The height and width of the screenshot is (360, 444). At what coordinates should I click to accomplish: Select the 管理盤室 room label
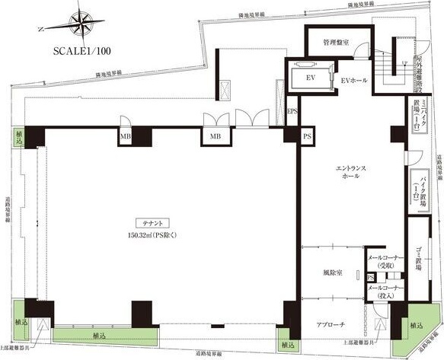[336, 43]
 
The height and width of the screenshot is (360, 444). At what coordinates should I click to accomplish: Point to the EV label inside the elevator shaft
[311, 78]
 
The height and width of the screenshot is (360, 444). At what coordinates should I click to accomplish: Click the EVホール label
[353, 79]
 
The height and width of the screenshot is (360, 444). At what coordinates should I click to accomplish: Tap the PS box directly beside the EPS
[307, 136]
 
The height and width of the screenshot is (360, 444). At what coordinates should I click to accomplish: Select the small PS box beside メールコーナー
[370, 277]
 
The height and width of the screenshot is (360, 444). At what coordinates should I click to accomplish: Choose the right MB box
[216, 137]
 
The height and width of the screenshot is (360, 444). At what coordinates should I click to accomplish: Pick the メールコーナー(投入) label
[385, 292]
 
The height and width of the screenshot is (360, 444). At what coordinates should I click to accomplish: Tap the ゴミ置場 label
[420, 259]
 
